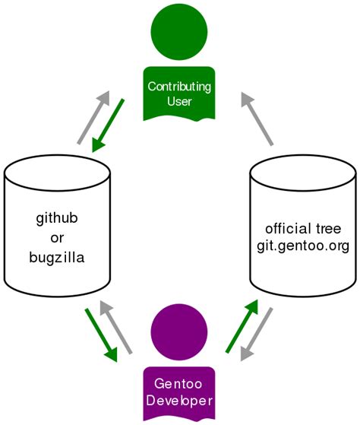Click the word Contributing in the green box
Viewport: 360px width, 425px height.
click(179, 87)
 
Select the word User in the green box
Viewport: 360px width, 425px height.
click(179, 101)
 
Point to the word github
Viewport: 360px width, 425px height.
click(57, 220)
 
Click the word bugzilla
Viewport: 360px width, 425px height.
click(57, 258)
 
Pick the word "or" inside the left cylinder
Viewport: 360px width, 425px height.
click(57, 239)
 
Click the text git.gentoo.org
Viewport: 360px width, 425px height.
click(302, 246)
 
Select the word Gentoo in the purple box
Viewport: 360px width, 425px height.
click(179, 384)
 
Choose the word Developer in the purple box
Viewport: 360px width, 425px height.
click(179, 401)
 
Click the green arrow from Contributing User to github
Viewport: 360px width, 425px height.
click(109, 125)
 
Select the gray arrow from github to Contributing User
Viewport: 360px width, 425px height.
click(93, 117)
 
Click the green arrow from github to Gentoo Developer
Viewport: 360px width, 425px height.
click(102, 335)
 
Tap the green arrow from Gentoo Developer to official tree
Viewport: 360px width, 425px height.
click(242, 326)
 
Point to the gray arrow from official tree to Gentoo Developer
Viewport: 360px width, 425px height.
click(257, 334)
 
